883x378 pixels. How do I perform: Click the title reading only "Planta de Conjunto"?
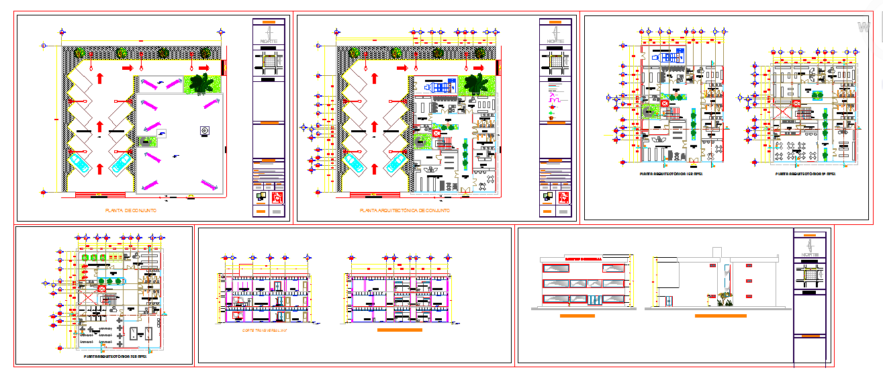click(131, 211)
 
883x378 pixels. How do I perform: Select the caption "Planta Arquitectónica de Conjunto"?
click(405, 211)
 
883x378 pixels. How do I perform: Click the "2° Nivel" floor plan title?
click(804, 173)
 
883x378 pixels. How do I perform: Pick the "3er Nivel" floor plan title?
click(115, 357)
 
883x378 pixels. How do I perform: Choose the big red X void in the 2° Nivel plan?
click(796, 103)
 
